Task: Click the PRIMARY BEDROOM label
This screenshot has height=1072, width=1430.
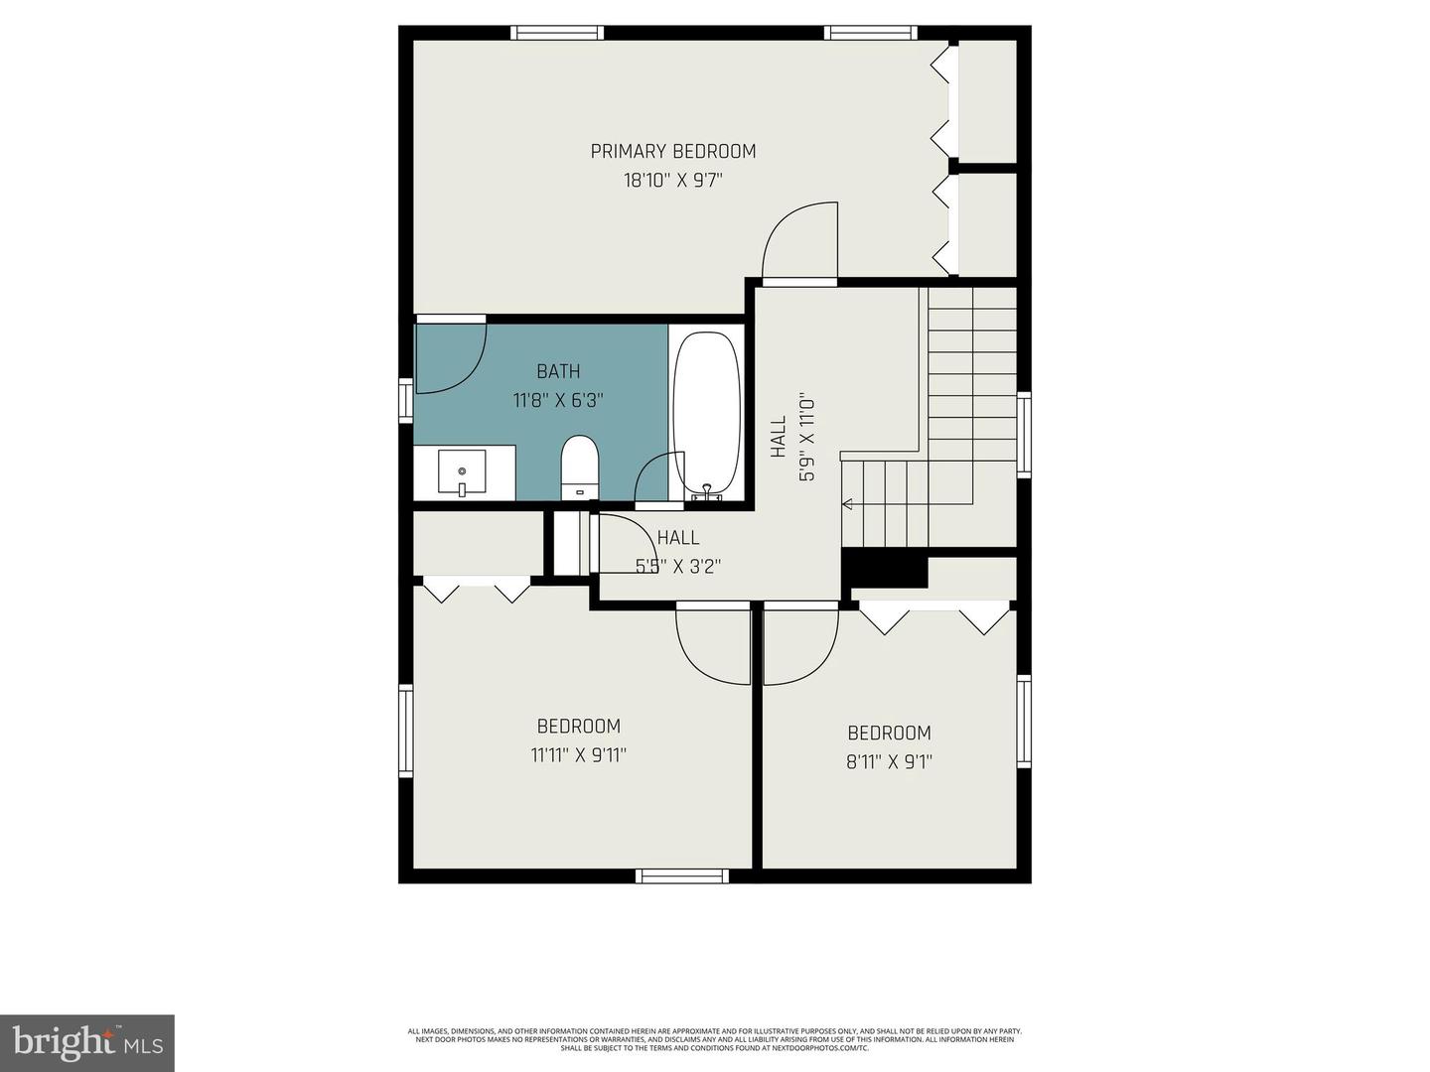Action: point(673,151)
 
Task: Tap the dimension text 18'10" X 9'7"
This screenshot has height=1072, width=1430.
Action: point(673,181)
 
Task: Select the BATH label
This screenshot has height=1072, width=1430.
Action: point(558,371)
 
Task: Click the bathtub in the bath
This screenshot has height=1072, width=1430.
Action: point(706,413)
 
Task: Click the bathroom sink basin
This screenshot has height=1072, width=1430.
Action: point(462,472)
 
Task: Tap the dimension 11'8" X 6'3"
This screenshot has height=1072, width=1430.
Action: point(558,401)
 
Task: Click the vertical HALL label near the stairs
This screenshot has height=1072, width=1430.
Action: point(779,437)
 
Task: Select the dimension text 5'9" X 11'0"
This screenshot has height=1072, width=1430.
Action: point(807,437)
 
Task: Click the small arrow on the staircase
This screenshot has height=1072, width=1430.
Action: point(847,504)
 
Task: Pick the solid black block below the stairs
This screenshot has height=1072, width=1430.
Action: point(884,569)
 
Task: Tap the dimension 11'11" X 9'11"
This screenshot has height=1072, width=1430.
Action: point(578,755)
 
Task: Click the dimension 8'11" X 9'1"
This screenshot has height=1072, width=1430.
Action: point(889,762)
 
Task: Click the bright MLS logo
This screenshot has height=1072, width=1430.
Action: point(87,1042)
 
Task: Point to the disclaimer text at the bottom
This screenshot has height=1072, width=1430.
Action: point(714,1039)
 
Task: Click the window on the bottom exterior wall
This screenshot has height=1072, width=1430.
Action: point(682,875)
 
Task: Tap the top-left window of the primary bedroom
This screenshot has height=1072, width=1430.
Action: point(557,33)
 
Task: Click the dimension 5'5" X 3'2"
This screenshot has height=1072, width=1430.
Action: point(677,567)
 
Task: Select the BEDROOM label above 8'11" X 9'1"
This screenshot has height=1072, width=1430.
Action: point(889,733)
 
